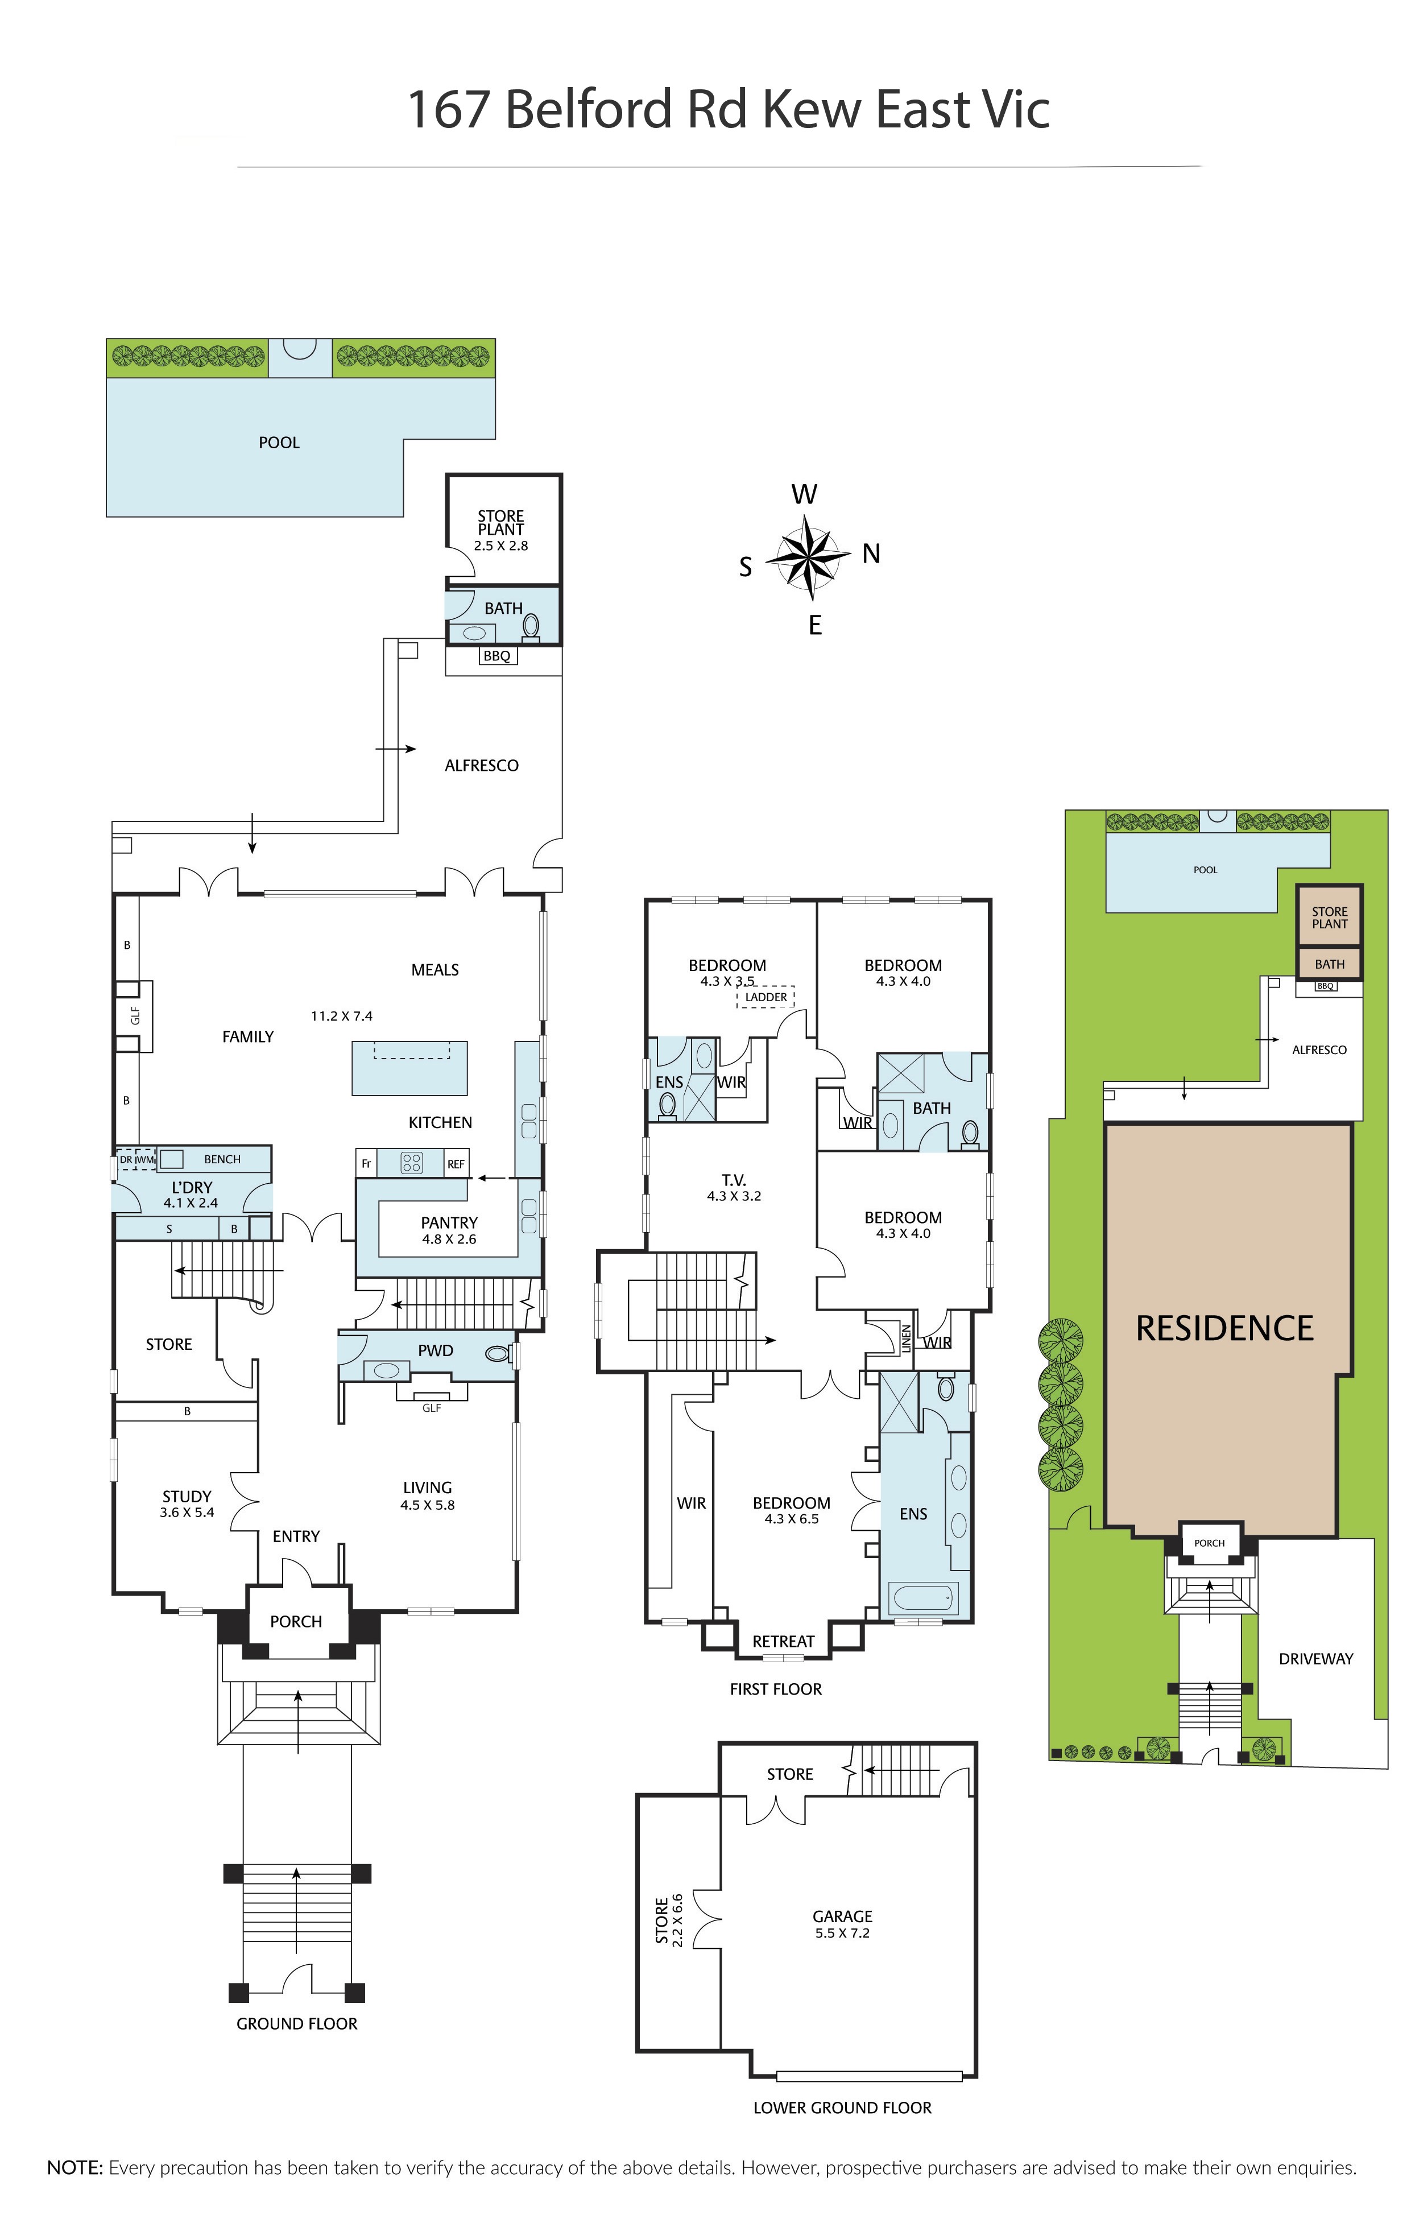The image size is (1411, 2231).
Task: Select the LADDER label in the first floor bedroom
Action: pos(766,997)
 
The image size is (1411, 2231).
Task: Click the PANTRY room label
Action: pos(449,1223)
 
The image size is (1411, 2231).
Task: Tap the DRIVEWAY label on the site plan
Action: pos(1315,1658)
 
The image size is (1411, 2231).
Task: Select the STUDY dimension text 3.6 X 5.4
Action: pos(187,1512)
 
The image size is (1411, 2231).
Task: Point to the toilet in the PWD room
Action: pos(498,1354)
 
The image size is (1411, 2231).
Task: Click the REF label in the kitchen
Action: pos(456,1164)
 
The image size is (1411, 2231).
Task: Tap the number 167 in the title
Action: pos(448,109)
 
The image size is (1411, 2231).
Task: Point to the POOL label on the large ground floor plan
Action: pos(279,443)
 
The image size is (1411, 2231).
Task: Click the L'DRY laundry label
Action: pos(192,1188)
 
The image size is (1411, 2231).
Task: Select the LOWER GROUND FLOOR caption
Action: pos(842,2108)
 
